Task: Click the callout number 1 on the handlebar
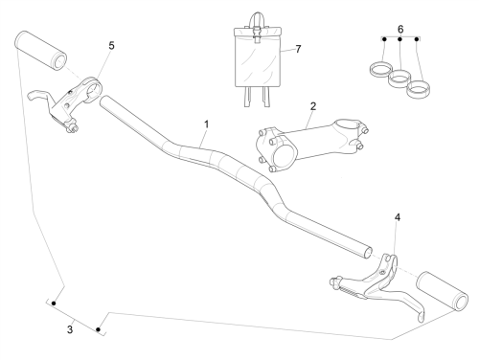click(x=207, y=124)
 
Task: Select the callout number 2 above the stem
click(x=313, y=106)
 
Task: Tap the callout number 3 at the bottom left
click(x=70, y=329)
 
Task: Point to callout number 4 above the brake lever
click(x=398, y=217)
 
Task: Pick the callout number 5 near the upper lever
click(x=111, y=46)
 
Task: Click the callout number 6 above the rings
click(x=400, y=29)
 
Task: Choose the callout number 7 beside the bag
click(x=298, y=49)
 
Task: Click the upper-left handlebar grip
click(x=40, y=51)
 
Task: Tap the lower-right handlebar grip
click(x=443, y=291)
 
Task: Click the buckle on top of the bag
click(x=257, y=34)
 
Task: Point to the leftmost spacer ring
click(x=380, y=69)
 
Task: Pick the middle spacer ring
click(x=399, y=78)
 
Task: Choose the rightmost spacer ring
click(x=418, y=88)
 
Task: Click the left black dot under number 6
click(x=384, y=39)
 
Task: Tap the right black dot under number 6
click(x=417, y=39)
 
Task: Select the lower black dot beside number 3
click(x=99, y=329)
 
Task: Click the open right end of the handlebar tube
click(x=368, y=253)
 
